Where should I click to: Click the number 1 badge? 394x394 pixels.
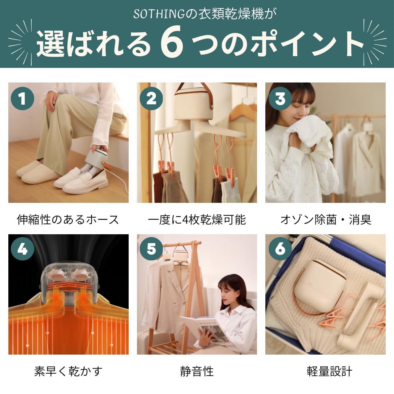[x=22, y=98]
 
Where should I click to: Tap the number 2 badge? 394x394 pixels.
[x=151, y=98]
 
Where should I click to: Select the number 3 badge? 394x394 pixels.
[x=280, y=98]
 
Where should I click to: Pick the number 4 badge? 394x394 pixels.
[x=22, y=249]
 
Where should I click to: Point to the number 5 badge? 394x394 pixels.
[x=151, y=249]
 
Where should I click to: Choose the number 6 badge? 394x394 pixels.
[x=280, y=249]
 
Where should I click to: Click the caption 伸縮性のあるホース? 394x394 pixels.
[x=68, y=220]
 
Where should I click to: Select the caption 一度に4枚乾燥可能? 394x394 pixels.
[x=197, y=220]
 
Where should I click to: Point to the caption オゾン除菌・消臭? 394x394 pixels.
[x=326, y=220]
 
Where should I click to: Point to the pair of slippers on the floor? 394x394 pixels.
[x=38, y=172]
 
